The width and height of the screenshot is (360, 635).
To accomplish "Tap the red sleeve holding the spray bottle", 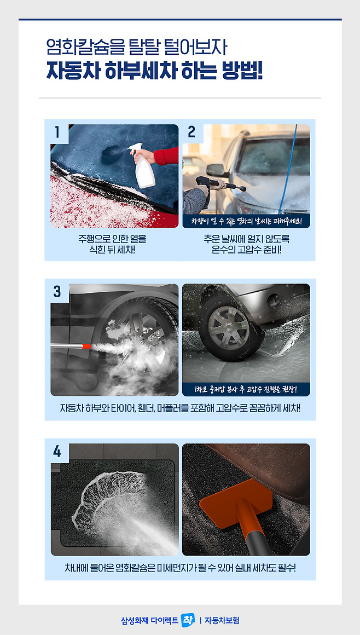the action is pyautogui.click(x=167, y=156).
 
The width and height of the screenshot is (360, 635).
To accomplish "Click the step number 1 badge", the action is pyautogui.click(x=57, y=132).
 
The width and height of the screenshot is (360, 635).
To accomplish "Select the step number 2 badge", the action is pyautogui.click(x=191, y=132).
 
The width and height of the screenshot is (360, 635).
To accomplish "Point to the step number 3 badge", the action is pyautogui.click(x=57, y=291).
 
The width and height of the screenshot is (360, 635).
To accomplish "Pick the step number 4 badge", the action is pyautogui.click(x=57, y=451).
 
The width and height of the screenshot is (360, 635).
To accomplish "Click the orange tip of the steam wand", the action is pyautogui.click(x=86, y=347).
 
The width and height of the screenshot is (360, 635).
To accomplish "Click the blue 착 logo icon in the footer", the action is pyautogui.click(x=188, y=620).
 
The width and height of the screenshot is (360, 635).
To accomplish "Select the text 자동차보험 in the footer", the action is pyautogui.click(x=222, y=620).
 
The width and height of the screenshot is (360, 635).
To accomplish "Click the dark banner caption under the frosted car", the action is pyautogui.click(x=246, y=221).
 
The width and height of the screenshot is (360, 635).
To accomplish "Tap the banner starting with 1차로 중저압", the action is pyautogui.click(x=246, y=390).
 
